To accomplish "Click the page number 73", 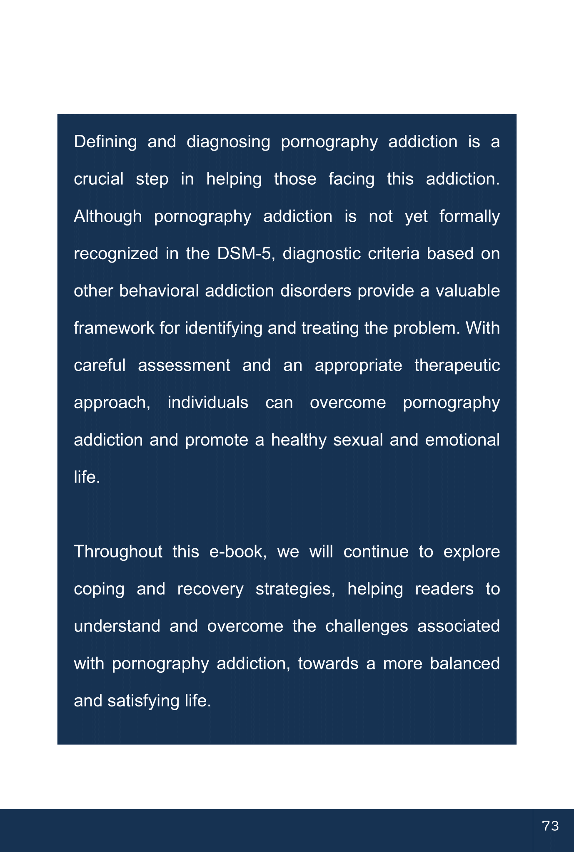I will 550,826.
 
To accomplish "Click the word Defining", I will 105,142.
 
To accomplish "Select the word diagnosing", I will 228,142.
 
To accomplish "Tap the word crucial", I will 99,179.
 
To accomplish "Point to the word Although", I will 107,216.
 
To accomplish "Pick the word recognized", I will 116,254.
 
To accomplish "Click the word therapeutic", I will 457,365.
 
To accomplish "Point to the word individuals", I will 208,403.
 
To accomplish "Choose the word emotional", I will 462,440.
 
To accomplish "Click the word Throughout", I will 118,552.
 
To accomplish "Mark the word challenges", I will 367,626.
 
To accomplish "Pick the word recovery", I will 210,589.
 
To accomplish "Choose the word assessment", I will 184,365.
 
